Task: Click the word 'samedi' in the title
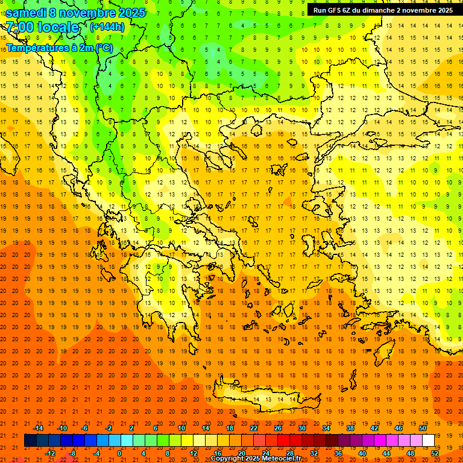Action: [x=25, y=13]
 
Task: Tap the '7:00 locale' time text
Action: [x=42, y=27]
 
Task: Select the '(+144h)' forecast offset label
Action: [x=107, y=27]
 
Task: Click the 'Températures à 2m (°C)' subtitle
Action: [x=59, y=47]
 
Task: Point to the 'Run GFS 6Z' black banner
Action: [x=383, y=10]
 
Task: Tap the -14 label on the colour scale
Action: [x=38, y=428]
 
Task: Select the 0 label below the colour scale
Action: [x=119, y=453]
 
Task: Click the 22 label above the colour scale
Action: [x=254, y=428]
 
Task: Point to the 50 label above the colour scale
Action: [x=423, y=428]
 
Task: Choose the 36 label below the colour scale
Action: [x=338, y=453]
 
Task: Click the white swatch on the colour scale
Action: [x=429, y=440]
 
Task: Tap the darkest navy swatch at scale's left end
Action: [x=30, y=440]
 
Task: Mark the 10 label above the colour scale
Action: [x=181, y=428]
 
